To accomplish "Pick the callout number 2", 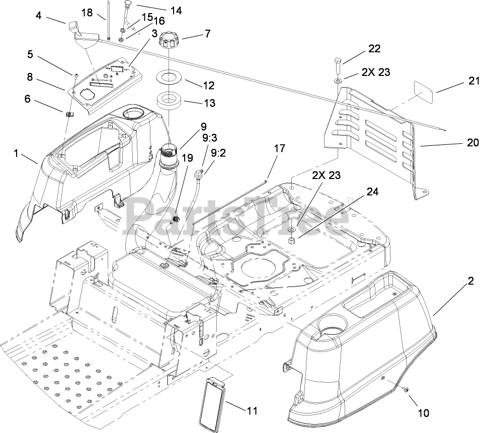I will (x=470, y=282).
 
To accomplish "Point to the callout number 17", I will (x=280, y=148).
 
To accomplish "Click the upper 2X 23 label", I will (x=376, y=72).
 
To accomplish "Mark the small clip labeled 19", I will (x=177, y=219).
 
